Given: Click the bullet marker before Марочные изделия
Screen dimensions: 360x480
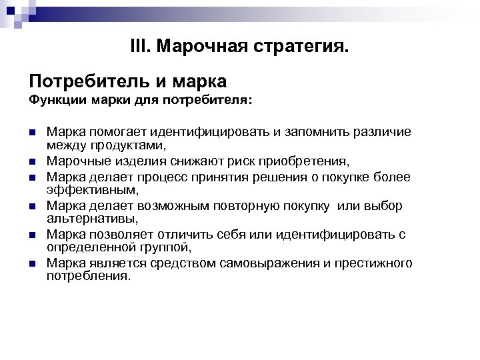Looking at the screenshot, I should click(x=33, y=161).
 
